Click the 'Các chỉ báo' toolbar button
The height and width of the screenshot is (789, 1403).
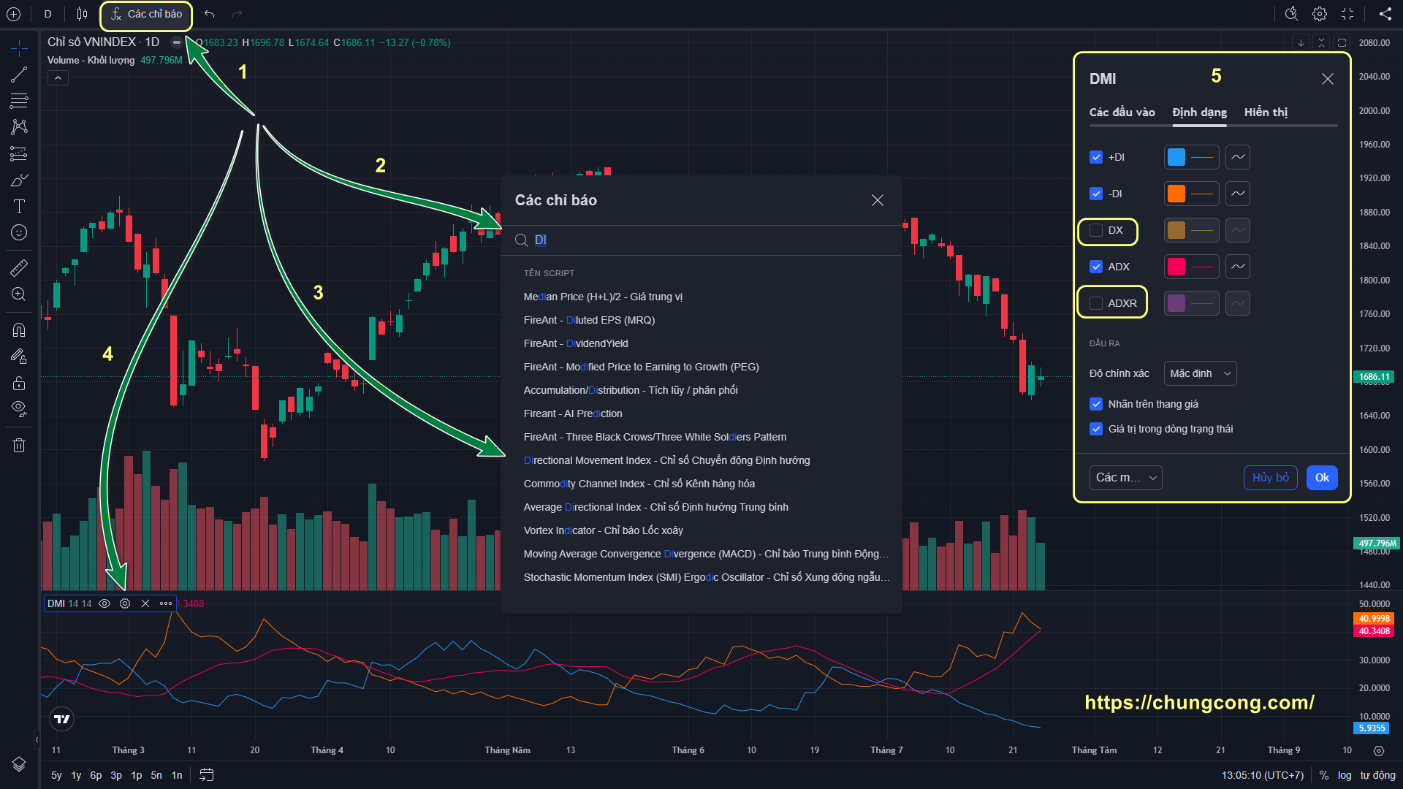pos(146,15)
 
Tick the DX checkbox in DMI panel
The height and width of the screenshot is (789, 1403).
pos(1096,230)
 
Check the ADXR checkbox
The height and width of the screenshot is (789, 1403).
pos(1096,303)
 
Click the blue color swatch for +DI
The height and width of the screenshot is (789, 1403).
pos(1176,157)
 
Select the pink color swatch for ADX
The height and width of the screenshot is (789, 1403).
pos(1176,267)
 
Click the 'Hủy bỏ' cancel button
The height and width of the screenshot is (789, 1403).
pos(1271,478)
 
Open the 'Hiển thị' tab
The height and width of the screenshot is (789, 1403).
pos(1266,113)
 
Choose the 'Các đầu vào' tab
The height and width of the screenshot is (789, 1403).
pos(1122,113)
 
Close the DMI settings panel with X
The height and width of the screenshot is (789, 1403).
pos(1328,79)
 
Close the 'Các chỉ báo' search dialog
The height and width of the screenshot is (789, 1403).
pos(878,200)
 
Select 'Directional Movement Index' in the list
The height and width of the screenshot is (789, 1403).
pos(666,460)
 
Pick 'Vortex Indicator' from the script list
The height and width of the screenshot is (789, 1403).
pos(604,530)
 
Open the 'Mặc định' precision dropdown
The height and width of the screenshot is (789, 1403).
pos(1200,373)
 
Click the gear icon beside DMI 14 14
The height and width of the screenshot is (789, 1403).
pos(125,603)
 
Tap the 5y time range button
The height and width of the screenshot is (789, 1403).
pos(56,775)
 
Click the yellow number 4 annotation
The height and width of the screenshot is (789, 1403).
pos(107,354)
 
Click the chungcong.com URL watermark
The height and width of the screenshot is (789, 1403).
pos(1199,703)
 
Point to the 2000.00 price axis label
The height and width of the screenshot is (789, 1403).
pos(1375,111)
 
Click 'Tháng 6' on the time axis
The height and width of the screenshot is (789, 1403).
pos(688,750)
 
